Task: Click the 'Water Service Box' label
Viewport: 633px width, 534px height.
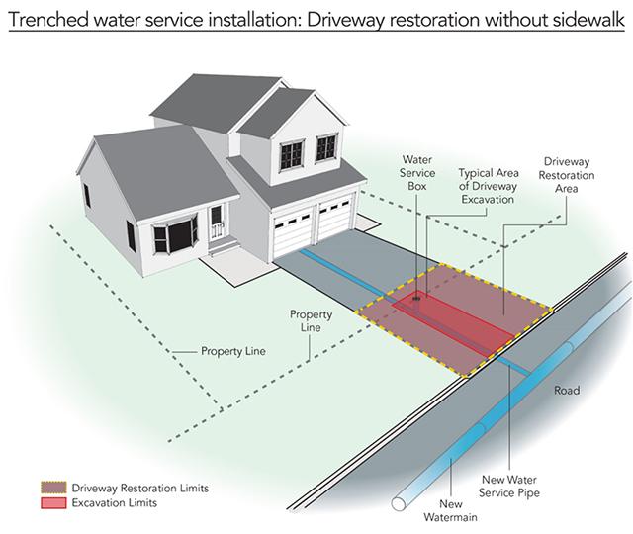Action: pyautogui.click(x=417, y=173)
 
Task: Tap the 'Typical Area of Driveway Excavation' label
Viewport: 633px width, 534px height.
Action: pyautogui.click(x=488, y=186)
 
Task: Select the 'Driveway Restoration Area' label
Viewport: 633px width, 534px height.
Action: pyautogui.click(x=567, y=175)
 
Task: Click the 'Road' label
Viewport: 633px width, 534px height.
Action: pyautogui.click(x=567, y=391)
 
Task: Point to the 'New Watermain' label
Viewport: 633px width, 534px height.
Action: pyautogui.click(x=451, y=510)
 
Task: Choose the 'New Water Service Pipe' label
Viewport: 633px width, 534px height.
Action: pyautogui.click(x=509, y=486)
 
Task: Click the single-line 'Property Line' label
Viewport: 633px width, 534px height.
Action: pyautogui.click(x=233, y=351)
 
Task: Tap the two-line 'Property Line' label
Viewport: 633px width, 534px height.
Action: pyautogui.click(x=311, y=320)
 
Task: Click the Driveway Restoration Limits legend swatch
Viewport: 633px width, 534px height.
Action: pyautogui.click(x=53, y=488)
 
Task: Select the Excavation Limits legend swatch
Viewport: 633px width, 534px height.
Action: pyautogui.click(x=53, y=503)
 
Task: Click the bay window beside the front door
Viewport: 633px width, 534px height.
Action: pyautogui.click(x=175, y=235)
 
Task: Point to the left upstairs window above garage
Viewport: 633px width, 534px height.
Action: pyautogui.click(x=291, y=155)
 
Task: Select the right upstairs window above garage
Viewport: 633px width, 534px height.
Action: pyautogui.click(x=325, y=147)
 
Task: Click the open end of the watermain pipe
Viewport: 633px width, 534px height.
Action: pyautogui.click(x=400, y=503)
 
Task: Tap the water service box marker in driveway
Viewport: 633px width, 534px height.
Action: pyautogui.click(x=416, y=299)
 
